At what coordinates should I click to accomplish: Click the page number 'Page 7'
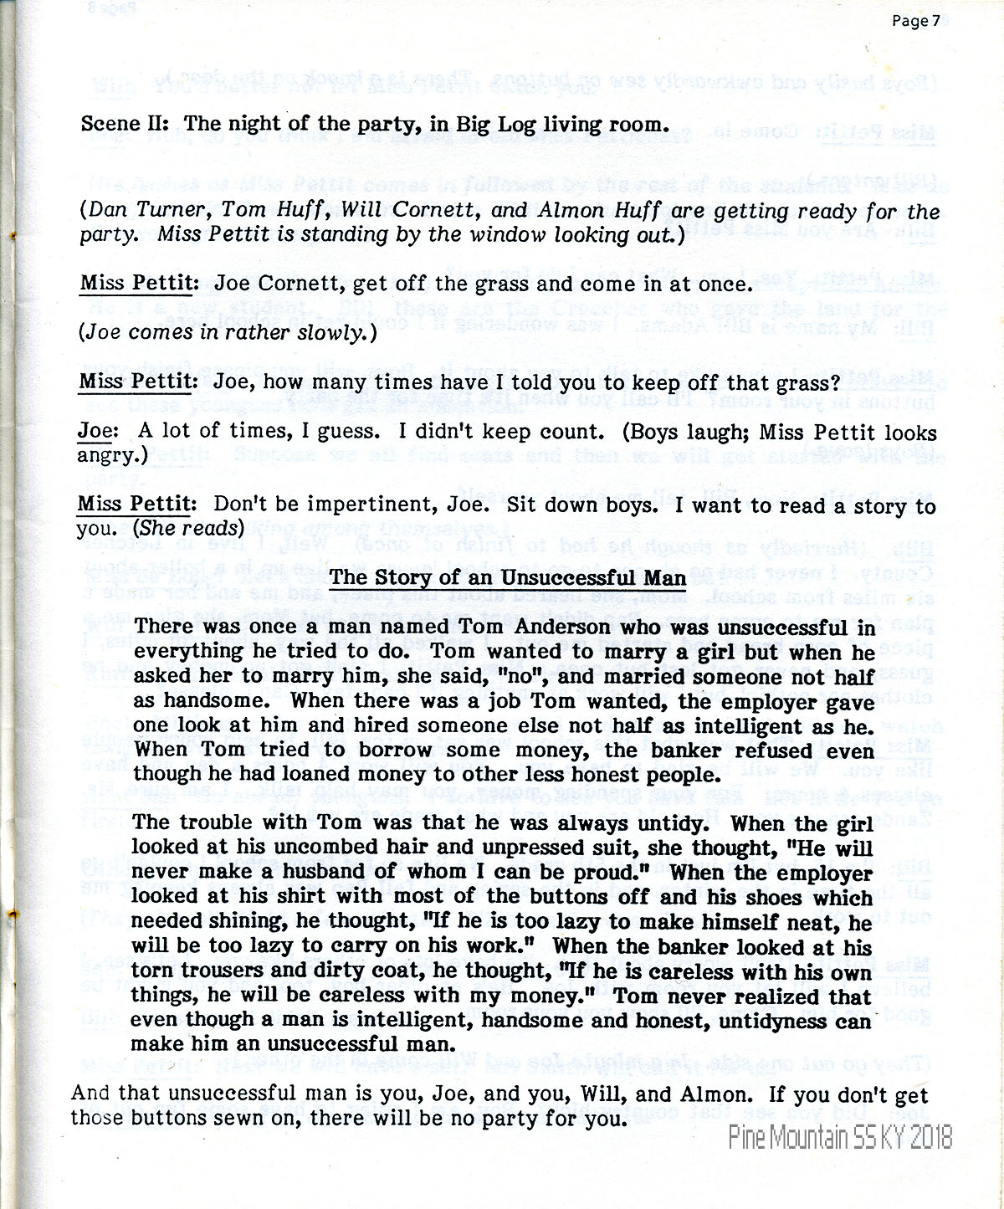[x=910, y=23]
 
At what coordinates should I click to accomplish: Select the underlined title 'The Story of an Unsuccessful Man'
[x=508, y=577]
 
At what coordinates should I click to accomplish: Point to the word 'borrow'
[x=397, y=751]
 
